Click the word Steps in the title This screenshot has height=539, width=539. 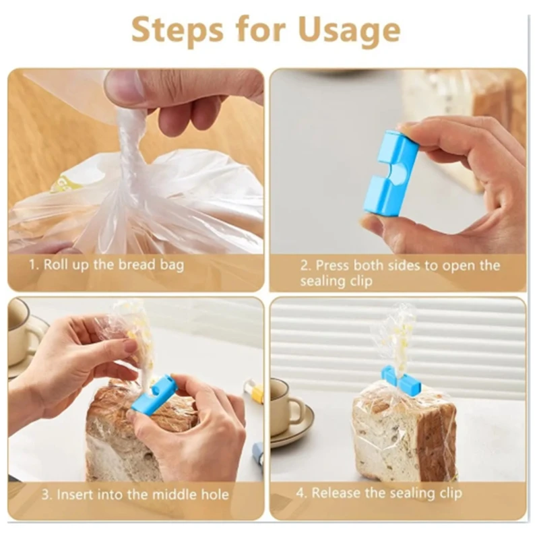point(177,30)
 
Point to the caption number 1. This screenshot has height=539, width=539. point(32,263)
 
